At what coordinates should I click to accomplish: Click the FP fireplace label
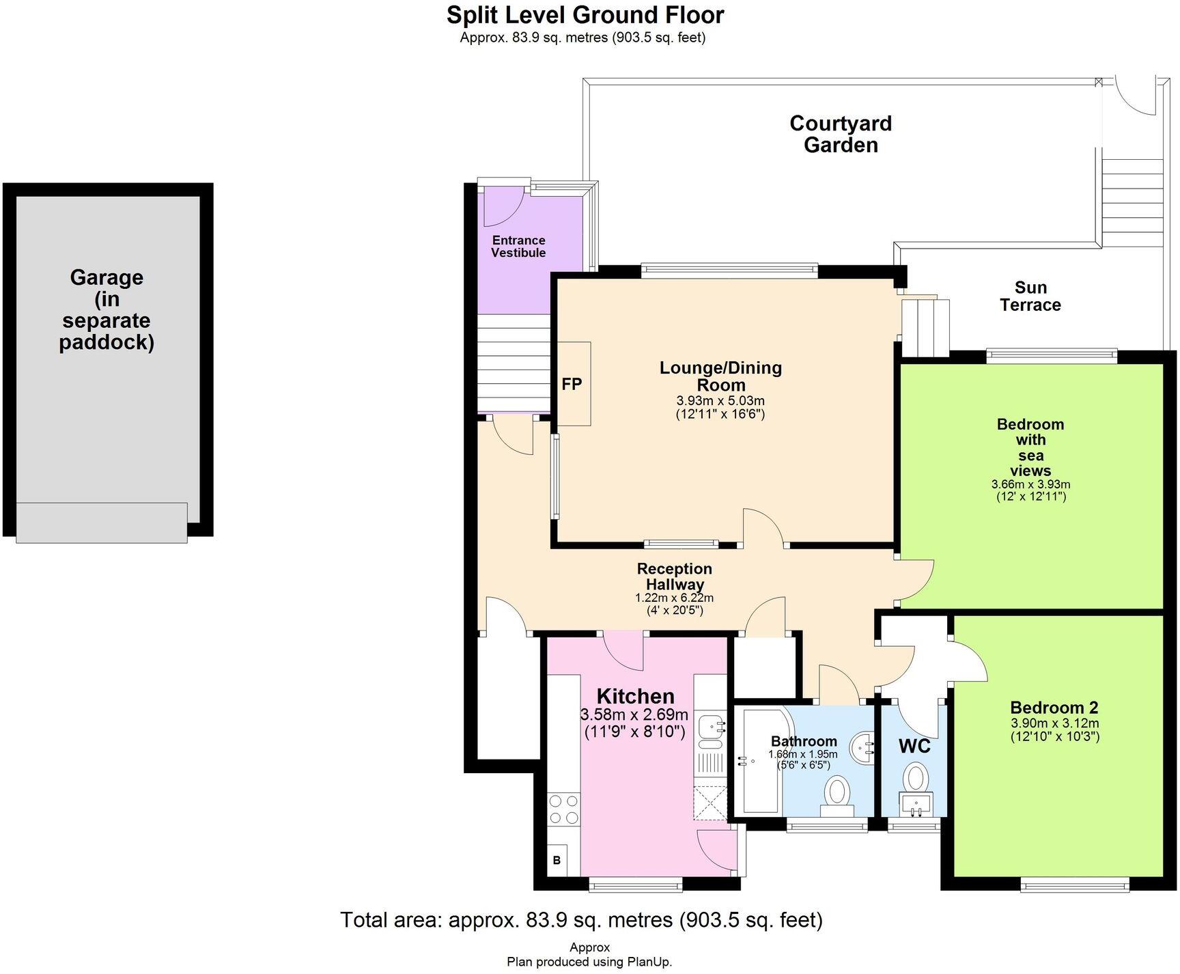point(572,384)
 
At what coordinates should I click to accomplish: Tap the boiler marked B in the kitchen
point(557,860)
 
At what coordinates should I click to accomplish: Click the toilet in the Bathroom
point(837,794)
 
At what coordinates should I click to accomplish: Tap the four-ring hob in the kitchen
point(563,809)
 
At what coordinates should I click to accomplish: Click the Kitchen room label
point(635,696)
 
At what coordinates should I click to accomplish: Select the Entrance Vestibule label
point(518,246)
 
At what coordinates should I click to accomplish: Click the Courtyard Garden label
point(841,134)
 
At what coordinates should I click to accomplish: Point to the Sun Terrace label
point(1030,296)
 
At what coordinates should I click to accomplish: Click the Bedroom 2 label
point(1054,708)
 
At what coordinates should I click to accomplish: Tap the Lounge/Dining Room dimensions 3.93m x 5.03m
point(720,401)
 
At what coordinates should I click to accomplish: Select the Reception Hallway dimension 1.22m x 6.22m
point(674,598)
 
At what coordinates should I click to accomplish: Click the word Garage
point(107,277)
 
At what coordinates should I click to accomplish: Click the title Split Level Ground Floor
point(585,14)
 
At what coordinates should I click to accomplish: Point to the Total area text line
point(581,920)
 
